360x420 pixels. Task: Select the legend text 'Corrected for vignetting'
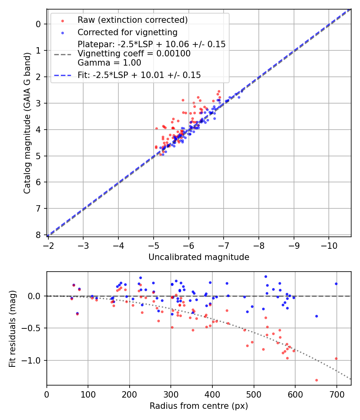point(127,32)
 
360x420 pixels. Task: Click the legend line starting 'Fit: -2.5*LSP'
point(139,75)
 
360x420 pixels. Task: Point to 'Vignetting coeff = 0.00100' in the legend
point(134,54)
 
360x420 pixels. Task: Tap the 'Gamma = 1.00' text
point(109,63)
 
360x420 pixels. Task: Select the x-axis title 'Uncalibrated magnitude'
point(199,257)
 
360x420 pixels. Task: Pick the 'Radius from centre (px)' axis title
point(199,406)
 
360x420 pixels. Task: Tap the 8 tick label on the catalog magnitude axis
point(38,235)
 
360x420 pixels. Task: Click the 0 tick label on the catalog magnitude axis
point(38,24)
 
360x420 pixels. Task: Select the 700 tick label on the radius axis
point(336,394)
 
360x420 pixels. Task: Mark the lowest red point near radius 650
point(316,380)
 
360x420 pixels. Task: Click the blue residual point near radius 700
point(336,284)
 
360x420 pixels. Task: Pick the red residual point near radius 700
point(336,358)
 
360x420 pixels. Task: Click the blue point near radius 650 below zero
point(316,316)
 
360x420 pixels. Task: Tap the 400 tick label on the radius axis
point(212,394)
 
